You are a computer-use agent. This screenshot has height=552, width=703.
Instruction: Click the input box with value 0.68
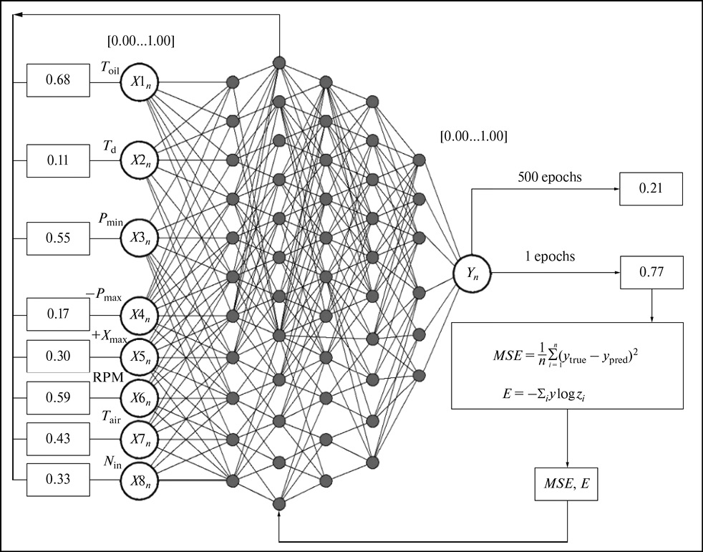pos(57,80)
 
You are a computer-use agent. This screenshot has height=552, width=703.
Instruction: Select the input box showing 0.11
pos(57,160)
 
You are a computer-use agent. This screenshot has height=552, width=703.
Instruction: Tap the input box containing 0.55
pos(57,238)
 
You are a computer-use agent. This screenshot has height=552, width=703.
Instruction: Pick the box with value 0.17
pos(57,313)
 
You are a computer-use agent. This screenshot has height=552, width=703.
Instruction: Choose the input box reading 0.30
pos(57,356)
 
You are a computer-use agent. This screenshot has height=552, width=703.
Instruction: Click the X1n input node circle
pos(140,82)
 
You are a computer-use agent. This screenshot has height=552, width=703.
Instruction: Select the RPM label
pos(109,376)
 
